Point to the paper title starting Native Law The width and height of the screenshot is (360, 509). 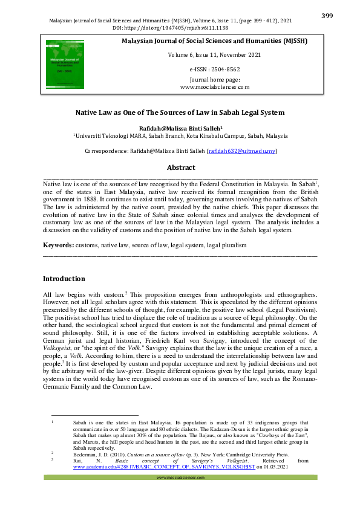pyautogui.click(x=180, y=113)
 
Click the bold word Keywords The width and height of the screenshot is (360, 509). pyautogui.click(x=57, y=245)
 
